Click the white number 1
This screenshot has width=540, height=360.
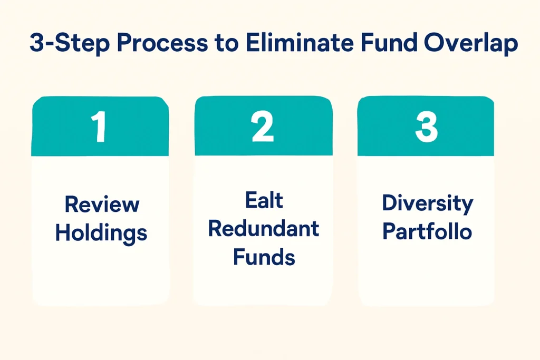pos(98,128)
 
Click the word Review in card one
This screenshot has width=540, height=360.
pos(102,205)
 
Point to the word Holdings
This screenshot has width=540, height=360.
pos(101,232)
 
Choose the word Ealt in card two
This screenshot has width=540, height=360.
pos(264,201)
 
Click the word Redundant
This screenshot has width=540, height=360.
pos(264,229)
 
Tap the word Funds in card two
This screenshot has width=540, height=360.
pos(264,257)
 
